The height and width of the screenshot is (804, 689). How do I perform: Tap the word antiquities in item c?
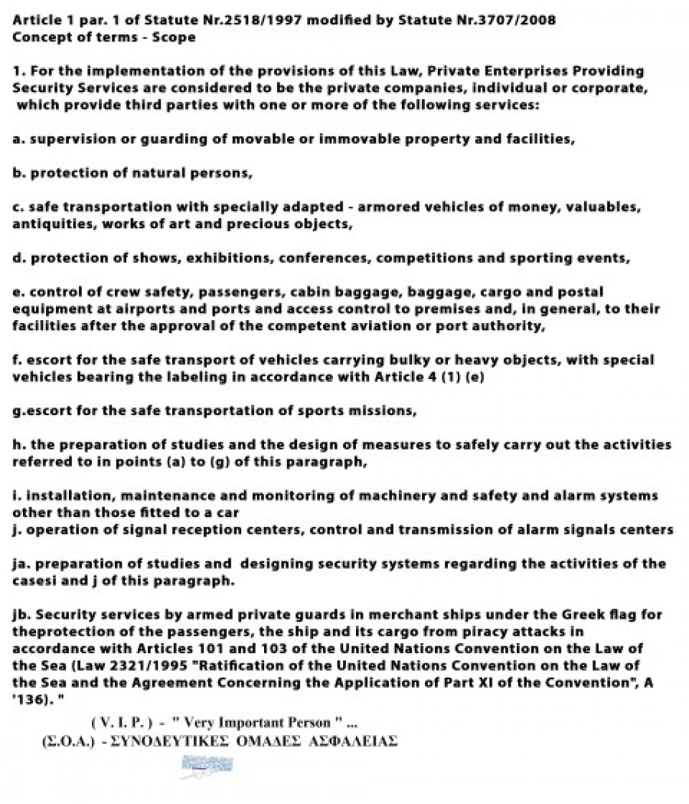47,224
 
